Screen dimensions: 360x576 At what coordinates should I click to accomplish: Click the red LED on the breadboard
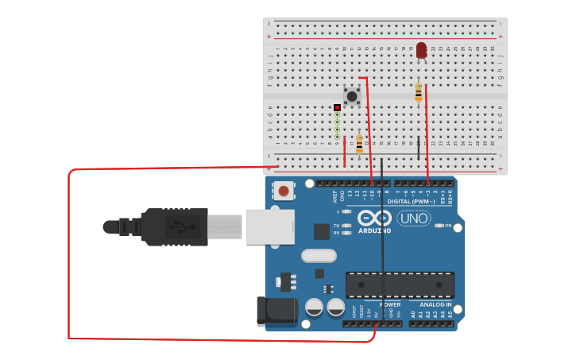point(421,51)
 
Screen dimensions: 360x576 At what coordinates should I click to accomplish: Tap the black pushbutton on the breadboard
point(351,95)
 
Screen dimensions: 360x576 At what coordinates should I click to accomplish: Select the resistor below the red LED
point(419,93)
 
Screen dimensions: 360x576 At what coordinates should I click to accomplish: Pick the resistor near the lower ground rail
point(359,143)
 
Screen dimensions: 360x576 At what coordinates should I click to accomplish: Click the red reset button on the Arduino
point(283,191)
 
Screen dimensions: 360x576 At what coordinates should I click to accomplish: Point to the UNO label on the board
point(414,218)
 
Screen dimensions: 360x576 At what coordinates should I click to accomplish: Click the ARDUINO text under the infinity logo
point(374,231)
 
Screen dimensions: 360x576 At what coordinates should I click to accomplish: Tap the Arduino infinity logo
point(373,218)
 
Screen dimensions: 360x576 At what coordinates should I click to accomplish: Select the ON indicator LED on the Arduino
point(439,226)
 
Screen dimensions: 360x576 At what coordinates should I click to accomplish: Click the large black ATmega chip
point(400,285)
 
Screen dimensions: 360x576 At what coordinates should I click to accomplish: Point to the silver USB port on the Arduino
point(269,226)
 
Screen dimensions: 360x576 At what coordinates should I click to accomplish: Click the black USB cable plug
point(175,227)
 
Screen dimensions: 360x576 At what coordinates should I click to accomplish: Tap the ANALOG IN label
point(435,304)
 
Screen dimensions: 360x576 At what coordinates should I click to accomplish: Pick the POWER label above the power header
point(390,304)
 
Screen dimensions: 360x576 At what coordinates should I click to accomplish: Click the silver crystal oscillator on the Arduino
point(319,256)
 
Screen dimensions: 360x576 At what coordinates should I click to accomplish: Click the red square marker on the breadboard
point(337,107)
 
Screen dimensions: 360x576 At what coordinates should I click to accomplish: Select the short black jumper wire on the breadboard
point(419,147)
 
